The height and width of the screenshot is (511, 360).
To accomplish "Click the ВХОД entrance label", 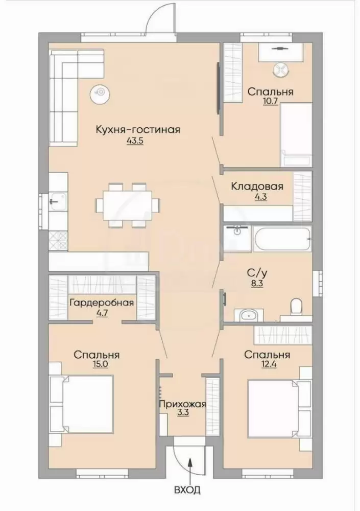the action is (x=187, y=490).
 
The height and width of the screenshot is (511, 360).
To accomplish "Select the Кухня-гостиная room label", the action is (x=138, y=129).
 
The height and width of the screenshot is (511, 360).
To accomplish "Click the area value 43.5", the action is (x=134, y=142).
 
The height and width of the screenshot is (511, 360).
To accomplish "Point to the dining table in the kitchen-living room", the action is (x=128, y=205).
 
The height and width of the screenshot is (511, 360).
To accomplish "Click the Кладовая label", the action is (x=257, y=187).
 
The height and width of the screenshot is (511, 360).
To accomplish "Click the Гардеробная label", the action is (x=102, y=303).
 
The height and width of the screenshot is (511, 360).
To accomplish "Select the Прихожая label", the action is (x=182, y=404).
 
